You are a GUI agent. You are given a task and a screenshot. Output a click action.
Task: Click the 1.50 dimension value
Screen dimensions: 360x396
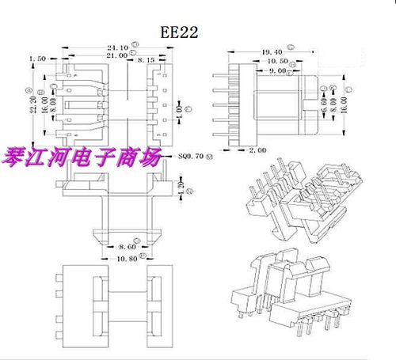pyautogui.click(x=36, y=59)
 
